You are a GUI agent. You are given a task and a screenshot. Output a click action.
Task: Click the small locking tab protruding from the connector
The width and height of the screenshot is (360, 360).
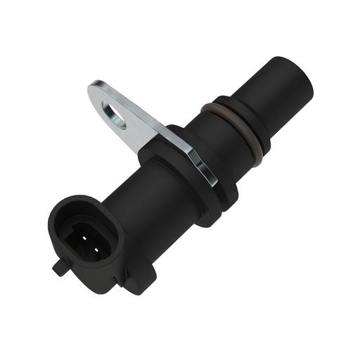tap(57, 267)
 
